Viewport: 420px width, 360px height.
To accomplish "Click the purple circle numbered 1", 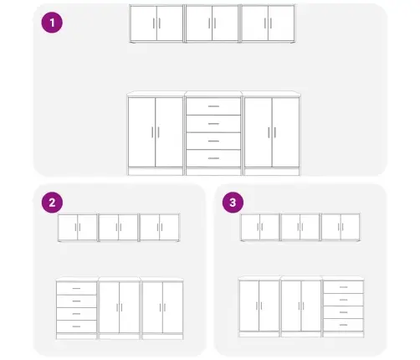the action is [x=52, y=23].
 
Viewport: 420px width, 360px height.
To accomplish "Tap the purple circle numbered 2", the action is [x=52, y=203].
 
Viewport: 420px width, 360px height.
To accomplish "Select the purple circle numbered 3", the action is [x=233, y=203].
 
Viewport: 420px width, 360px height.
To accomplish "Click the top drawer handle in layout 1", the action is [x=213, y=106].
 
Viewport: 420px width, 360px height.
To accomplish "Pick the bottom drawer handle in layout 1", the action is [x=213, y=158].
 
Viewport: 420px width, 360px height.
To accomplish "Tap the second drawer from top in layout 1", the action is [x=213, y=124].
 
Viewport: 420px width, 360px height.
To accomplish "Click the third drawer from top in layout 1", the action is [x=213, y=141].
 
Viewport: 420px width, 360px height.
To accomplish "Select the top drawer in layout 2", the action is [x=76, y=288].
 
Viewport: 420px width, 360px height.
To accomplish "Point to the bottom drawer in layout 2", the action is [x=76, y=327].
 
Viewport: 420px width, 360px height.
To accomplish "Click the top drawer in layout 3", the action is [x=344, y=287].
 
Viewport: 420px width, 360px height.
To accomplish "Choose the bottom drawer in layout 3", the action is [x=344, y=325].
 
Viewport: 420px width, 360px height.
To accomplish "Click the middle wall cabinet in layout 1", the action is [x=212, y=23].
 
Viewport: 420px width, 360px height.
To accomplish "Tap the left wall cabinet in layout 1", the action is [x=156, y=23].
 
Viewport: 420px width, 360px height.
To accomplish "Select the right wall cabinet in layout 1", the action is [x=268, y=23].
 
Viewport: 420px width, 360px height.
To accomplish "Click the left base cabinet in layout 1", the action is [x=156, y=133].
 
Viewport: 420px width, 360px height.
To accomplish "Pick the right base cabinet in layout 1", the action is [x=272, y=133].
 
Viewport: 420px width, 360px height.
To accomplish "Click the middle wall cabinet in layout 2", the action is [x=118, y=228].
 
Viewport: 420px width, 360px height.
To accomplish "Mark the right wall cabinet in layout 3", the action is [x=341, y=227].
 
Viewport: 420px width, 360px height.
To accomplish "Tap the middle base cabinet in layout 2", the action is [x=120, y=308].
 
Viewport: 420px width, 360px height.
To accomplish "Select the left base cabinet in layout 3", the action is [x=259, y=306].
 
